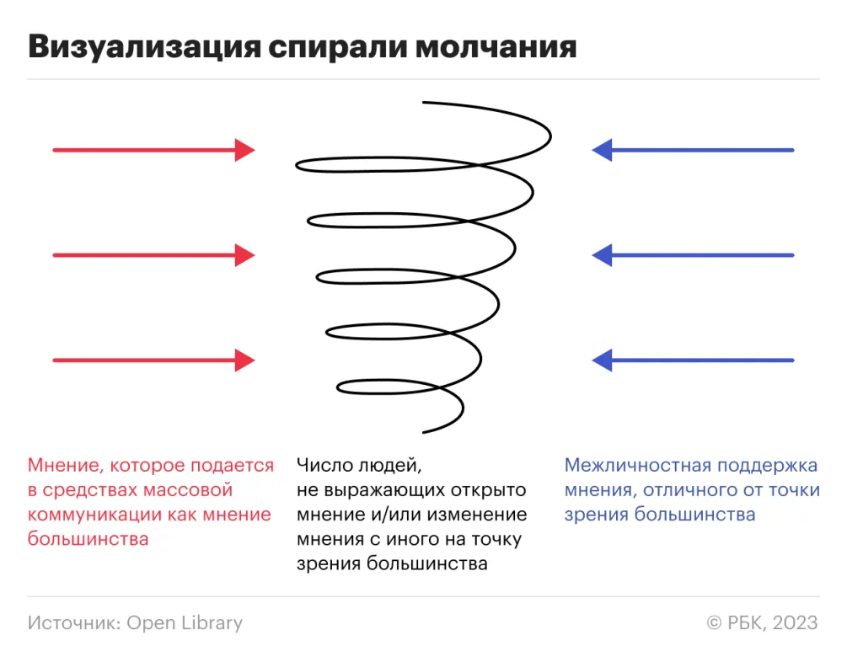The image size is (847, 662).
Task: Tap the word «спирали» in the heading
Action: pyautogui.click(x=338, y=48)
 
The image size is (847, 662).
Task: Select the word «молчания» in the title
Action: pyautogui.click(x=496, y=47)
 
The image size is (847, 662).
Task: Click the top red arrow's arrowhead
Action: pyautogui.click(x=244, y=150)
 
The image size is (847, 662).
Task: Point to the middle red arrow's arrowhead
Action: pyautogui.click(x=244, y=255)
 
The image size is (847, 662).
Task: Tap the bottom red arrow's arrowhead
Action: pyautogui.click(x=244, y=360)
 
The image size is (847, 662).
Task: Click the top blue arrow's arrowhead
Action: pyautogui.click(x=602, y=150)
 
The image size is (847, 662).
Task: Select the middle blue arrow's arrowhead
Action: pyautogui.click(x=602, y=255)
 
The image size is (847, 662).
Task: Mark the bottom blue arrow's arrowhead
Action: pyautogui.click(x=602, y=360)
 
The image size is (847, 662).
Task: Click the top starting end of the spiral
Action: pyautogui.click(x=423, y=102)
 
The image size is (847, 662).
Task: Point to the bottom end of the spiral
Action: pyautogui.click(x=423, y=432)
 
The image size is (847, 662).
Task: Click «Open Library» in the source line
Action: pyautogui.click(x=185, y=623)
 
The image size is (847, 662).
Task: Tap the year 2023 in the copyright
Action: pyautogui.click(x=795, y=622)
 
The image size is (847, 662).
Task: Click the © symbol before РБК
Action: pyautogui.click(x=714, y=623)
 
